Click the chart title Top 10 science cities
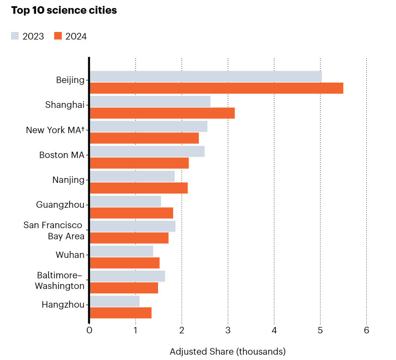[64, 11]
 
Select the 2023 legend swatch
[15, 36]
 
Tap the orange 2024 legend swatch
[58, 36]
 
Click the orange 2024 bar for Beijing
[216, 88]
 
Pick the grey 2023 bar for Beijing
[206, 76]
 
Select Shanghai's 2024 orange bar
[162, 113]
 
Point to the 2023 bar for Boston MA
[147, 151]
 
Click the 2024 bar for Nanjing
[139, 188]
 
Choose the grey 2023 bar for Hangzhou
[115, 301]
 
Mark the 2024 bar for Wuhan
[124, 263]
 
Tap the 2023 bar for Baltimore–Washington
[127, 276]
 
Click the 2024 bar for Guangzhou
[131, 213]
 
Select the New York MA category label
[55, 130]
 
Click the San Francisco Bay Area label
[54, 231]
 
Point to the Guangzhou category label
[60, 205]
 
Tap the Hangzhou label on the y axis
[63, 305]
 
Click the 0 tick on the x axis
[89, 331]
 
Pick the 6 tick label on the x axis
[366, 331]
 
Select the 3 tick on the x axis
[228, 331]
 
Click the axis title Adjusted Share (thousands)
[227, 352]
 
